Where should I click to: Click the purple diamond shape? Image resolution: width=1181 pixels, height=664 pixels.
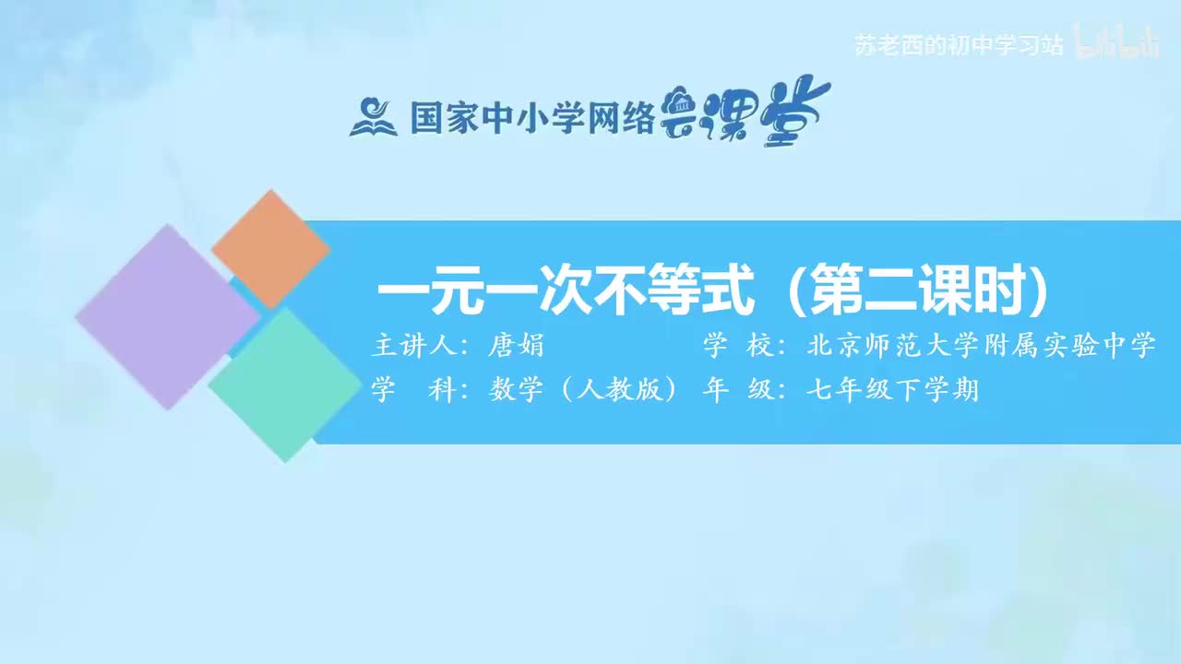click(x=167, y=316)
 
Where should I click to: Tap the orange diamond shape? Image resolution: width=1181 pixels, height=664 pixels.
click(x=270, y=249)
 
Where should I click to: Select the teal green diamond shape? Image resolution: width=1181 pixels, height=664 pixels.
click(x=284, y=385)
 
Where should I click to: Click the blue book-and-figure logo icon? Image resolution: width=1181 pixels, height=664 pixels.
click(x=373, y=117)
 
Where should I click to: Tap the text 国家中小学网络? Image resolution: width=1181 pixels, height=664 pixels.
click(x=532, y=118)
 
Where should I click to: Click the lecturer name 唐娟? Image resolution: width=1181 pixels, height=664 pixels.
click(x=518, y=347)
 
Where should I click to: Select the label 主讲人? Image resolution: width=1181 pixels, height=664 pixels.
click(x=414, y=347)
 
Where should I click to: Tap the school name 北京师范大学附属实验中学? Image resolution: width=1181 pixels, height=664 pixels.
click(x=981, y=347)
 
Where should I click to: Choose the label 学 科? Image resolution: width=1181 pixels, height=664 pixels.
click(x=414, y=391)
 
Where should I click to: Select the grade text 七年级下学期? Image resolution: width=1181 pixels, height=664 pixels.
click(x=891, y=391)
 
